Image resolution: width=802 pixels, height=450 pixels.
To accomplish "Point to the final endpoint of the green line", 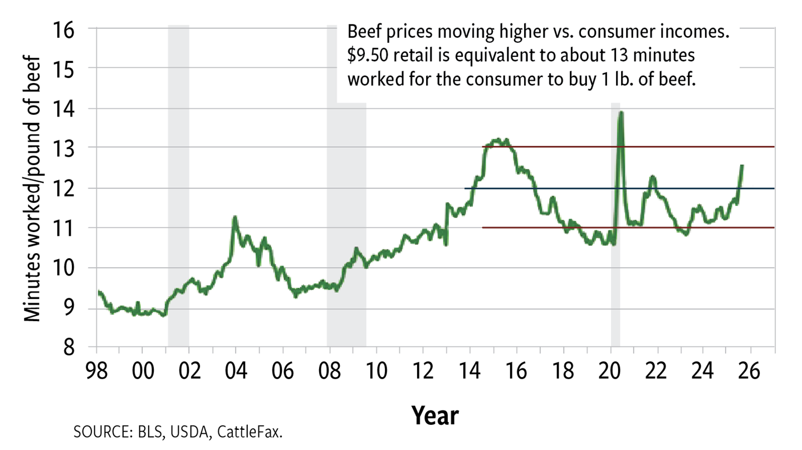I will [742, 166].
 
